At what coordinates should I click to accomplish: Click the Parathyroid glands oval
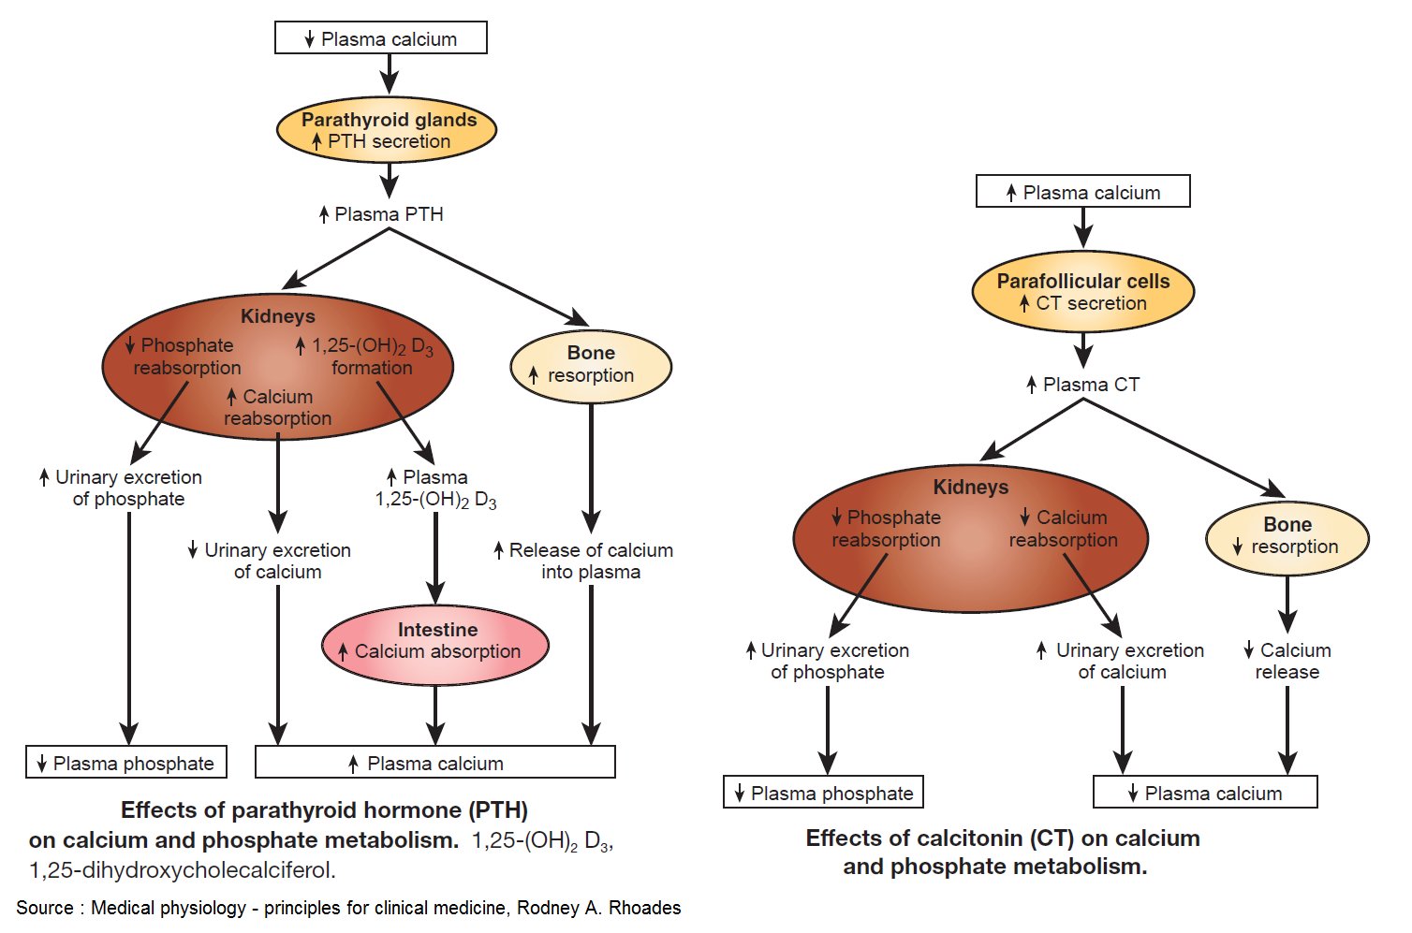tap(387, 130)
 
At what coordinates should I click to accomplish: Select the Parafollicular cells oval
tap(1082, 291)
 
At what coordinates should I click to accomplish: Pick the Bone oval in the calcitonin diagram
tap(1287, 536)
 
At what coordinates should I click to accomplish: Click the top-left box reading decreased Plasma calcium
tap(380, 38)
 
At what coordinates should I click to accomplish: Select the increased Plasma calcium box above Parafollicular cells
tap(1082, 192)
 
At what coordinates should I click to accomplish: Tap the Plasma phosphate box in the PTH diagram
tap(125, 763)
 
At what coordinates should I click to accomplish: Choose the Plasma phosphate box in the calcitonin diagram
tap(823, 793)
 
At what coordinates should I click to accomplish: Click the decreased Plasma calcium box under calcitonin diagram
tap(1205, 793)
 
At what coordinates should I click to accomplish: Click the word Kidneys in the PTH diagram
tap(277, 316)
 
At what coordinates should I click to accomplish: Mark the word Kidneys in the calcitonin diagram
tap(970, 487)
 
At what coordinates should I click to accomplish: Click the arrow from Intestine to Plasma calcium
tap(435, 715)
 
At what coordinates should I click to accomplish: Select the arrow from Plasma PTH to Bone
tap(487, 276)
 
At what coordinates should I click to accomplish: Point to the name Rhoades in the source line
tap(646, 908)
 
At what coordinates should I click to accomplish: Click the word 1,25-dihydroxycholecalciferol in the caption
tap(182, 870)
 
